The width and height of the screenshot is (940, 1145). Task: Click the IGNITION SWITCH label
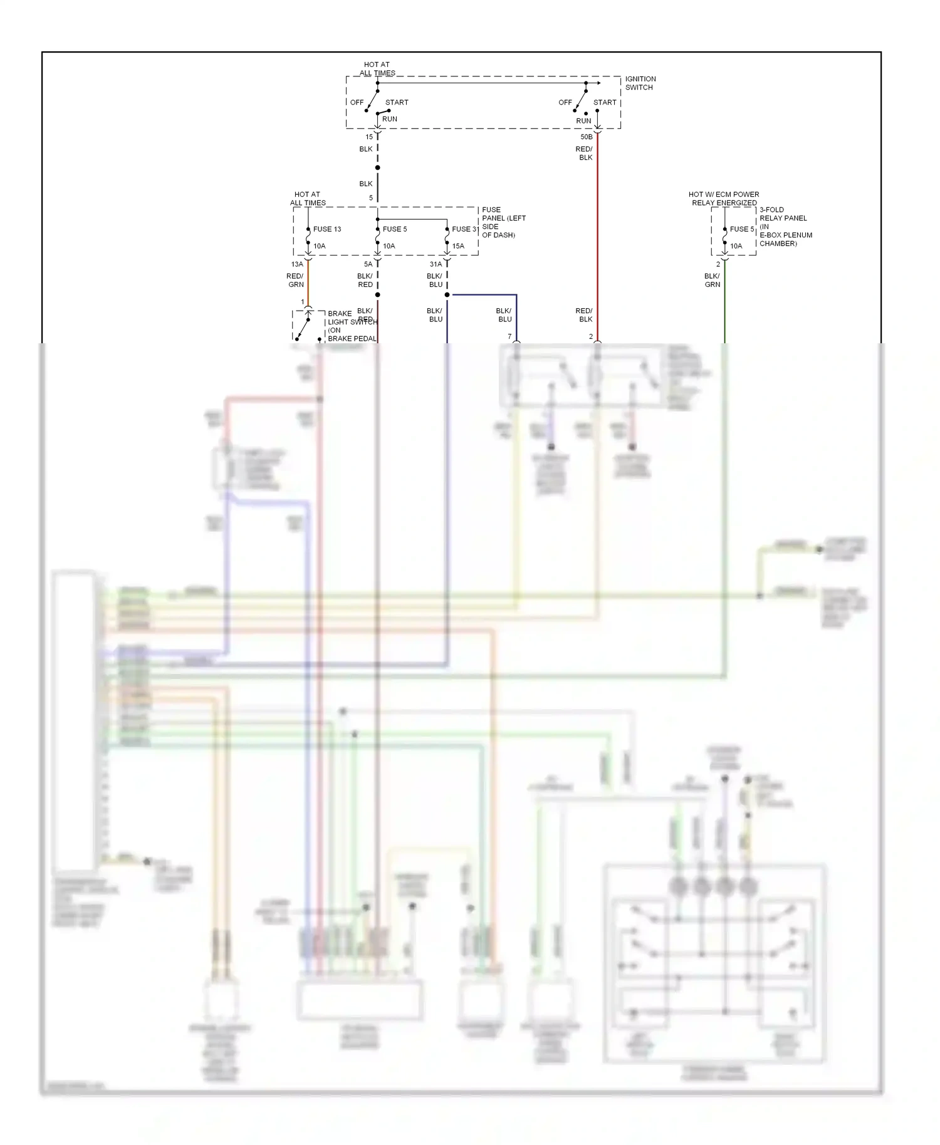pos(640,83)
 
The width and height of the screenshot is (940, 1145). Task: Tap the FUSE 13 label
pos(327,229)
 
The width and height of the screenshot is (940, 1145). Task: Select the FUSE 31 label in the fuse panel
pos(465,229)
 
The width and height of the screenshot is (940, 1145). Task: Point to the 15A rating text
pos(458,246)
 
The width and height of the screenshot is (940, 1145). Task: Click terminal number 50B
pos(586,137)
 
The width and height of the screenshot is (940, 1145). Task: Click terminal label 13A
pos(297,264)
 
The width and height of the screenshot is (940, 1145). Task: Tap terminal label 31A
pos(436,264)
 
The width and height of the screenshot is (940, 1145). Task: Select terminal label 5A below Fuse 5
pos(368,264)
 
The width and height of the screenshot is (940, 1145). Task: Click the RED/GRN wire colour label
pos(295,280)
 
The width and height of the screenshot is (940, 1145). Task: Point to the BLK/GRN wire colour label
pos(712,280)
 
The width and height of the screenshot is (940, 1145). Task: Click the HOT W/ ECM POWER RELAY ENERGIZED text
pos(724,199)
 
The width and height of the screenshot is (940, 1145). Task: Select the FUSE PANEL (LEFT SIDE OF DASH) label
pos(503,222)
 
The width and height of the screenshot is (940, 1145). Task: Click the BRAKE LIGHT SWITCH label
pos(352,326)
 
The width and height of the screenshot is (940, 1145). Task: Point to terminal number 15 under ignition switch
pos(369,137)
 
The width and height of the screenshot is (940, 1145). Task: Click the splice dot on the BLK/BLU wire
pos(447,294)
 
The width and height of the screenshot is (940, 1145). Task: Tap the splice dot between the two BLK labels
pos(377,167)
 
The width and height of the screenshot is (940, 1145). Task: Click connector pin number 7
pos(509,336)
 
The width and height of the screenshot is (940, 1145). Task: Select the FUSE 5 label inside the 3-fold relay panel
pos(742,229)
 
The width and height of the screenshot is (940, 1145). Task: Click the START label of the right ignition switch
pos(605,103)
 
